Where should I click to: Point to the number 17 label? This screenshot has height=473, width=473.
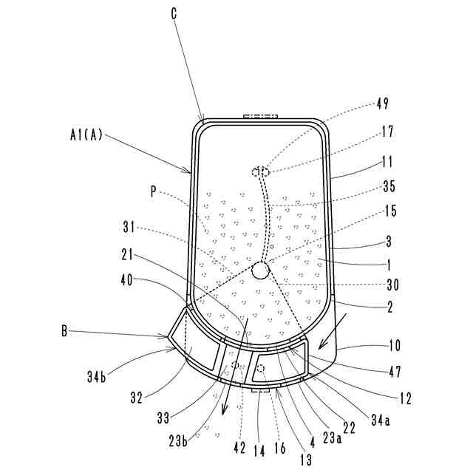tap(387, 133)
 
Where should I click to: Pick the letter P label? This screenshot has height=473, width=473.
tap(153, 191)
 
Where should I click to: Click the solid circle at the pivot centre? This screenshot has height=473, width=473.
tap(261, 271)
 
